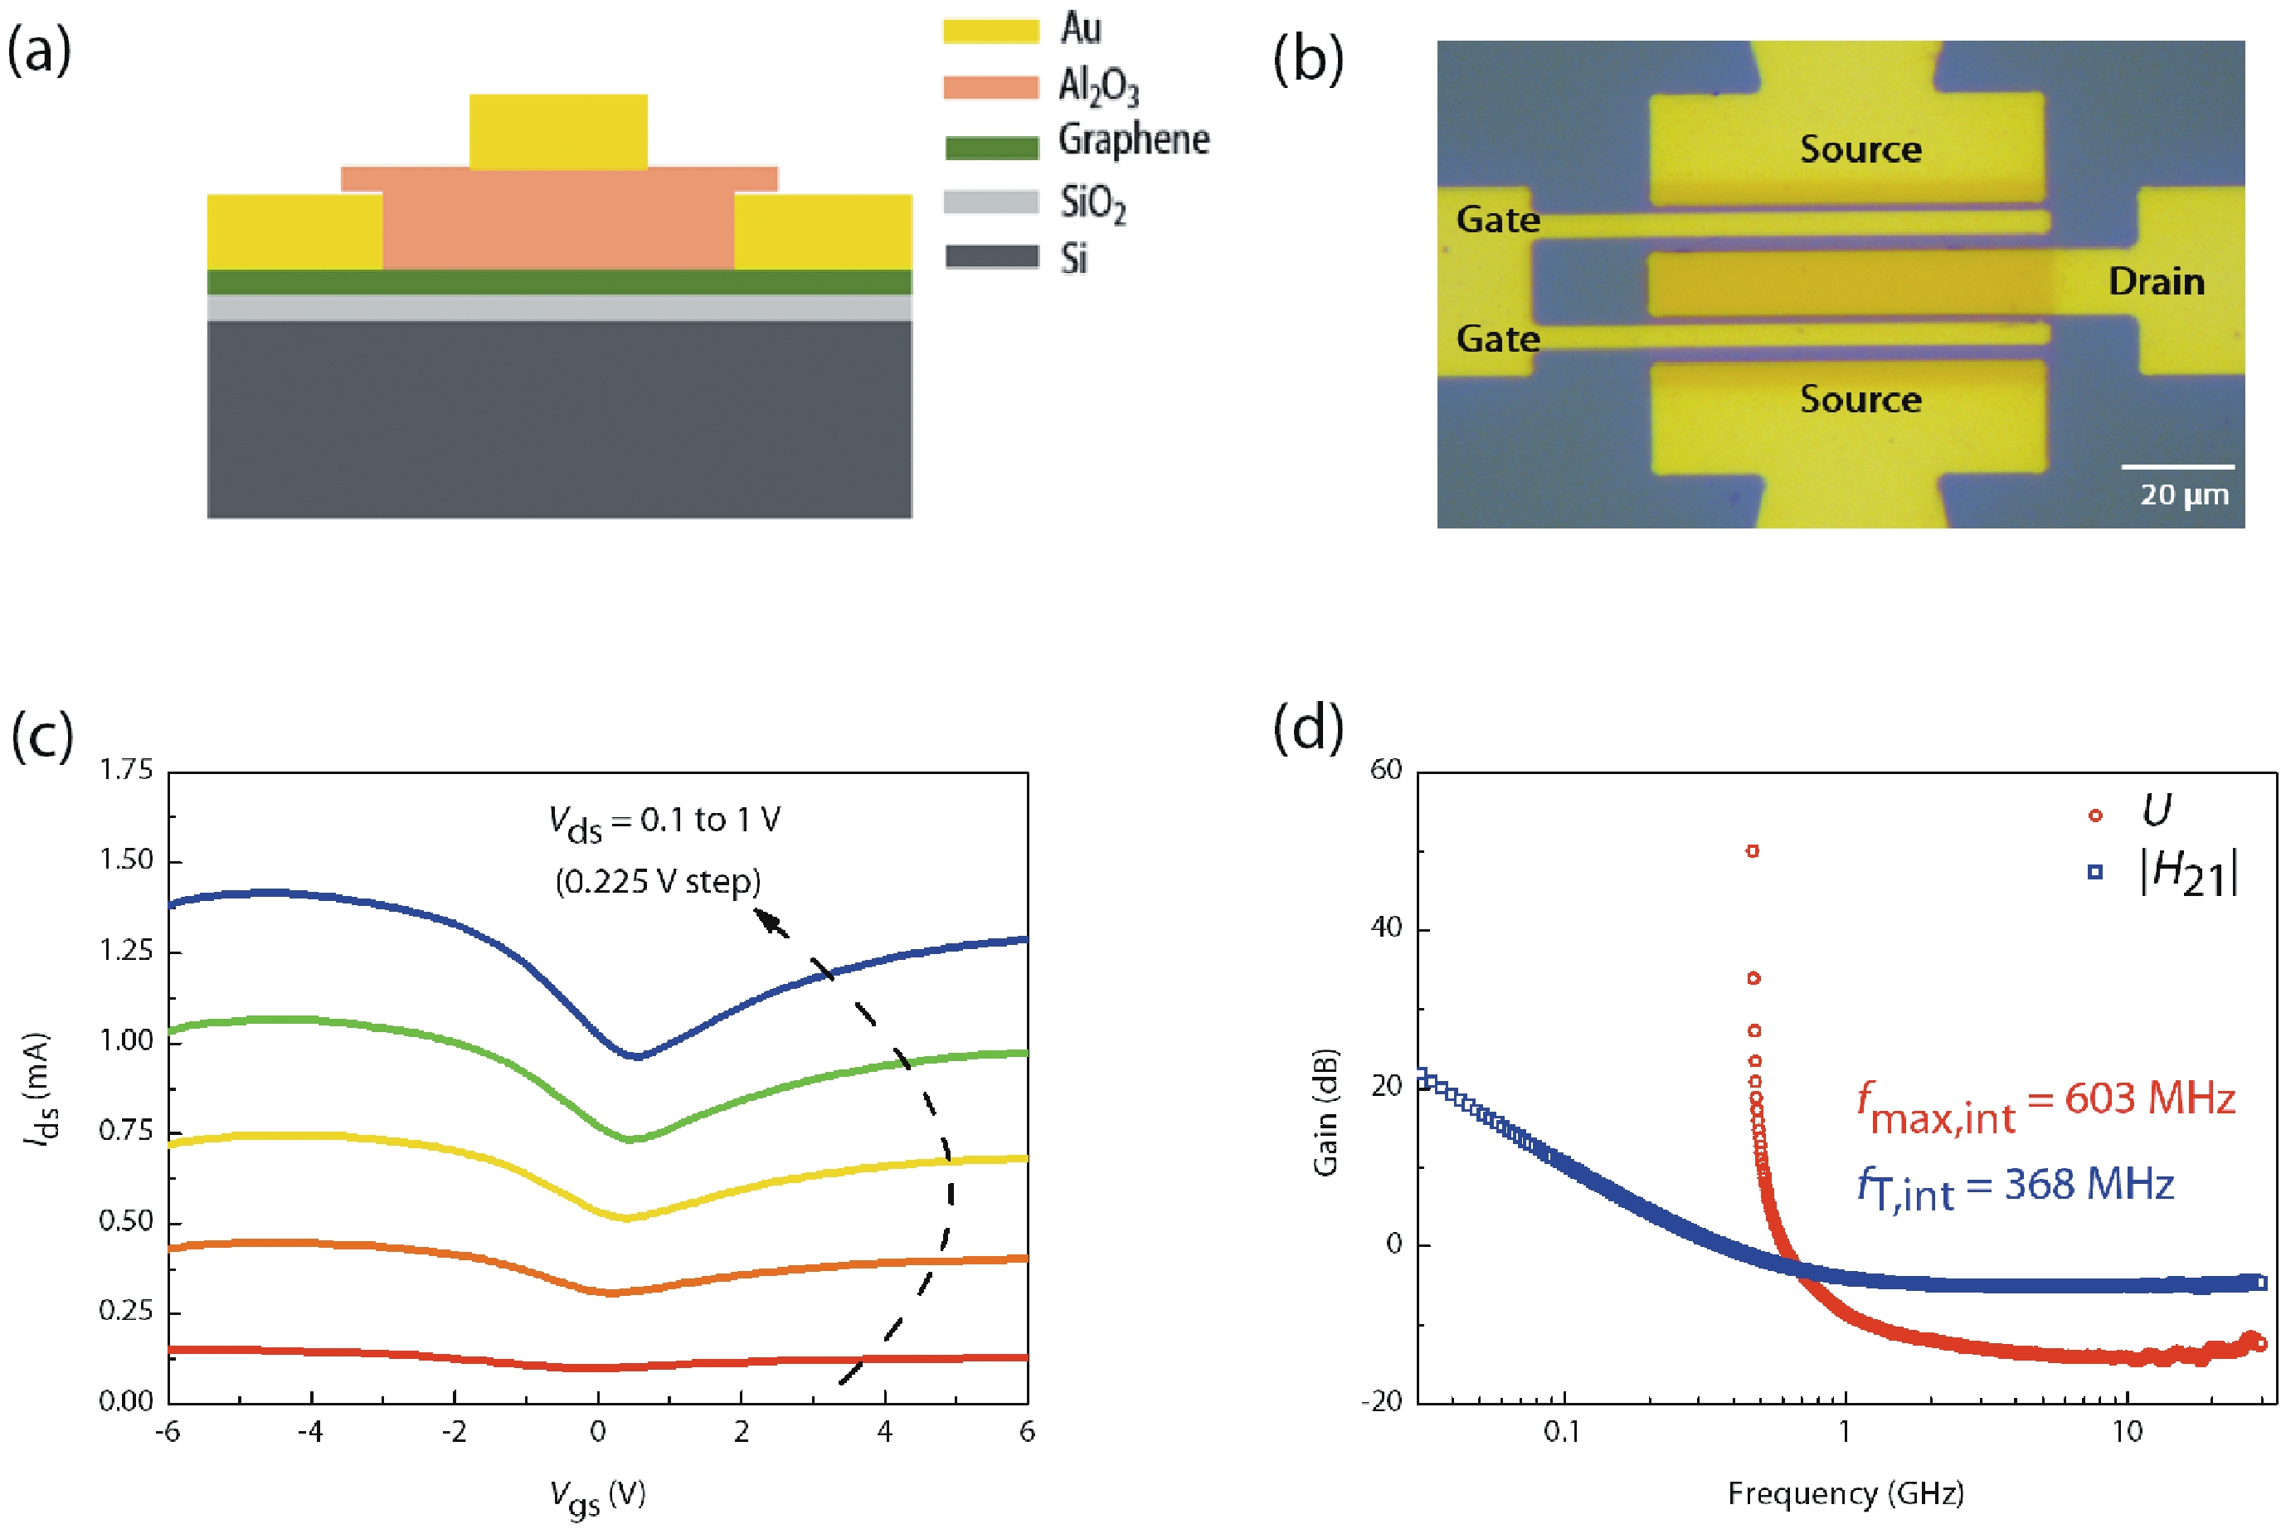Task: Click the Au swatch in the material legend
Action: point(990,31)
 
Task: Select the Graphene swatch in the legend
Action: point(990,148)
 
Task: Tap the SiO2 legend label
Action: point(1092,203)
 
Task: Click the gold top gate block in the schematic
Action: point(557,131)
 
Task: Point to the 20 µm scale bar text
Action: point(2183,495)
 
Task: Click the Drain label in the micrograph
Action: point(2156,282)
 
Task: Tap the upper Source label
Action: point(1860,149)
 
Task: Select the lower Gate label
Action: point(1497,338)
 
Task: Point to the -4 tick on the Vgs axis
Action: point(311,1431)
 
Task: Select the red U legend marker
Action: point(2094,815)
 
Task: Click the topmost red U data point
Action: point(1752,851)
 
